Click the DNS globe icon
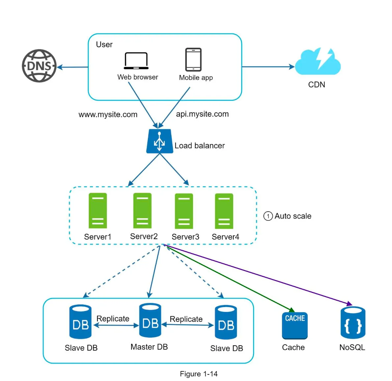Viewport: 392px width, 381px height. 39,66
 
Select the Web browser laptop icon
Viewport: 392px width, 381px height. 136,61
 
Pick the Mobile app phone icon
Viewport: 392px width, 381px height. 193,60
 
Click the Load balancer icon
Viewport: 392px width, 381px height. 160,141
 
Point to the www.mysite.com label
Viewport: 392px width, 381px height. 108,115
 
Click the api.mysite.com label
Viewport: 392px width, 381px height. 202,114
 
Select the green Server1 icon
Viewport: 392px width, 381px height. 98,211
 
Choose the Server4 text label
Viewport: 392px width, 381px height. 225,237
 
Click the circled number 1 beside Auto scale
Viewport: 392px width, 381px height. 268,216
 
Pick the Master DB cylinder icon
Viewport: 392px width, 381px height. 150,321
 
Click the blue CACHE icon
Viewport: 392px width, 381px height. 295,326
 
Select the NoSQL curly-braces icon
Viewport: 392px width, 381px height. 353,323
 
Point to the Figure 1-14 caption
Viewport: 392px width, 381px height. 199,374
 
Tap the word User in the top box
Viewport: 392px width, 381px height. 104,45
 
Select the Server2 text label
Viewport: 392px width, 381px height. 144,236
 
